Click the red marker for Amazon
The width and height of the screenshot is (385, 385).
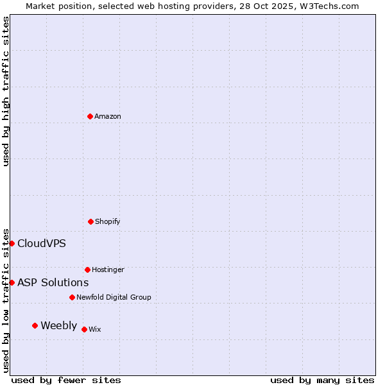[90, 116]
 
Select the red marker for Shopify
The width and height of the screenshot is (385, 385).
[90, 221]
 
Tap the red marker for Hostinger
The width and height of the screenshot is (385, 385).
[87, 269]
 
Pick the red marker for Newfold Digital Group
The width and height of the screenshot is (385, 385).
[72, 297]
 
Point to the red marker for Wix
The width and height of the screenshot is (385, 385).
[84, 329]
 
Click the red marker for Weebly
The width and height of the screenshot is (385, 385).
[35, 325]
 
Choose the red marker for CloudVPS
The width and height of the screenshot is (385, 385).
[12, 243]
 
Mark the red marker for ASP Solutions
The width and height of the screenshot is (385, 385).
[12, 282]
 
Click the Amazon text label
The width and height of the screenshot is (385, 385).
[108, 116]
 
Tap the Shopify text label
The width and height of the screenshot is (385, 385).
[108, 221]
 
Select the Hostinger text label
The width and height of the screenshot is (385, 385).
[108, 269]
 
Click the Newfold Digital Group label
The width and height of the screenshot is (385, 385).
[114, 297]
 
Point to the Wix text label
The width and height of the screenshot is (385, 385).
[95, 329]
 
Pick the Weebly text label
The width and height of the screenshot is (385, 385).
[58, 325]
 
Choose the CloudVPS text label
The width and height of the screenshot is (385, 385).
[41, 243]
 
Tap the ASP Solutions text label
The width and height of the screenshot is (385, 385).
[53, 282]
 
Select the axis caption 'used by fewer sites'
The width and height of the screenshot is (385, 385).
[66, 380]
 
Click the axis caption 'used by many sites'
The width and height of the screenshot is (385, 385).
[322, 380]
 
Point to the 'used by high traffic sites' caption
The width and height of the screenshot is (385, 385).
[6, 91]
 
